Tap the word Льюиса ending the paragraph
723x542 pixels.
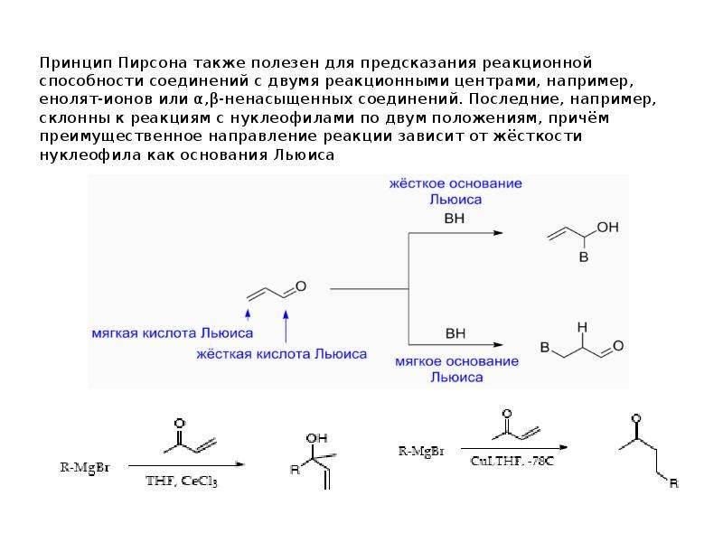[304, 154]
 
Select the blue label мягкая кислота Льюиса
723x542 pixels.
[173, 332]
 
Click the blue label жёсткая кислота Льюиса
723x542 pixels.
[282, 354]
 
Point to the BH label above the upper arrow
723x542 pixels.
[455, 219]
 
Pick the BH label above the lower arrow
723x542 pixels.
[455, 333]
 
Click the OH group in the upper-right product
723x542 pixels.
[607, 228]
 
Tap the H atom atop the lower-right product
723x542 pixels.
[582, 327]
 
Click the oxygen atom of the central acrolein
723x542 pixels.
[301, 286]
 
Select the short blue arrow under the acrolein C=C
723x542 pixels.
[248, 314]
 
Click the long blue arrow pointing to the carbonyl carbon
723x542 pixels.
[286, 326]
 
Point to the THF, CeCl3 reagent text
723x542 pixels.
[182, 481]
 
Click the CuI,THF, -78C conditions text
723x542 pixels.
[512, 461]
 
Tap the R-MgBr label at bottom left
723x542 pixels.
[85, 467]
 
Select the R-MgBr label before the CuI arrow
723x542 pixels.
[421, 451]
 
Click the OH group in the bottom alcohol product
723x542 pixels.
[317, 438]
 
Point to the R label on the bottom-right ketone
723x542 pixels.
[673, 483]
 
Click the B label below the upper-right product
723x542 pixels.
[584, 257]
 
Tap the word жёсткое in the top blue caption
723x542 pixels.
[417, 183]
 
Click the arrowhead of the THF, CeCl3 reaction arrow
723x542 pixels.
[239, 464]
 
